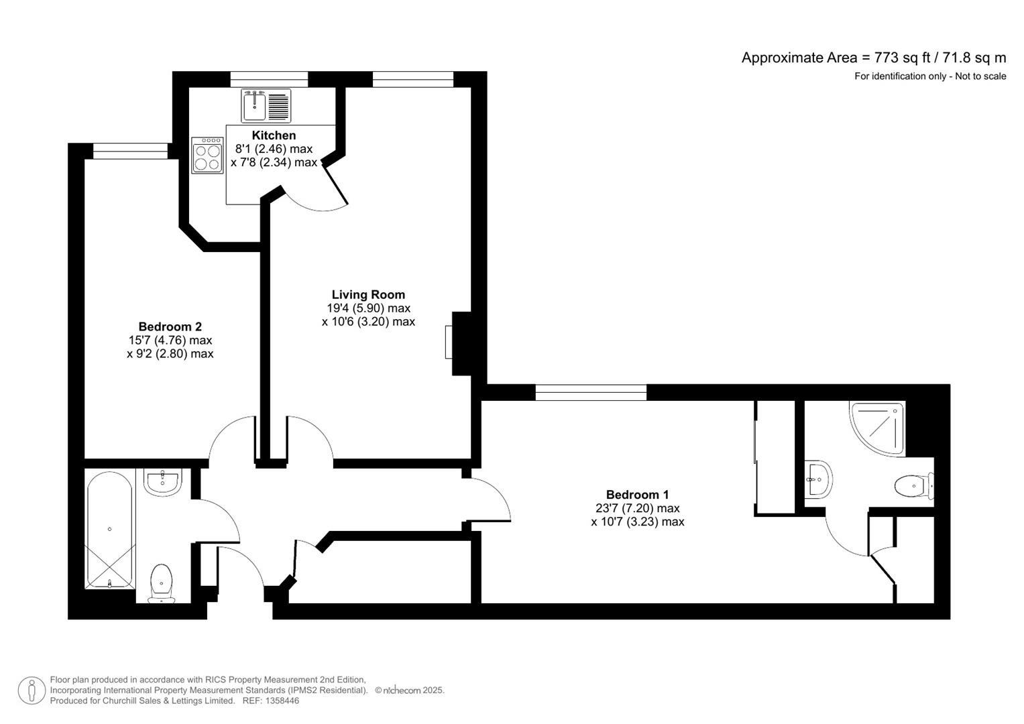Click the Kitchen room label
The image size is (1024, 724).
tap(274, 135)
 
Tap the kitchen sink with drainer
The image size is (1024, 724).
tap(266, 105)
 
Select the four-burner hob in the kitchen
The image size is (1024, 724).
tap(207, 156)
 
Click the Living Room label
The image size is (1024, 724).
tap(368, 294)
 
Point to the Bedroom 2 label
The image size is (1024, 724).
tap(170, 326)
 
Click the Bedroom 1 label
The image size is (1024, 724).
tap(637, 495)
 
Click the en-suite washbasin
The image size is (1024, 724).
tap(819, 479)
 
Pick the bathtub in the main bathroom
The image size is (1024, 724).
tap(110, 530)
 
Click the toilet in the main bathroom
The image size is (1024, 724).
tap(161, 582)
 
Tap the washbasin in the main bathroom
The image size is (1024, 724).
tap(162, 481)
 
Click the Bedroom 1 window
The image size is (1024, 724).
tap(591, 392)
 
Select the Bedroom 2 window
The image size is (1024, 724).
tap(130, 152)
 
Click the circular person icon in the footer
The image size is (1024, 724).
tap(32, 690)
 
